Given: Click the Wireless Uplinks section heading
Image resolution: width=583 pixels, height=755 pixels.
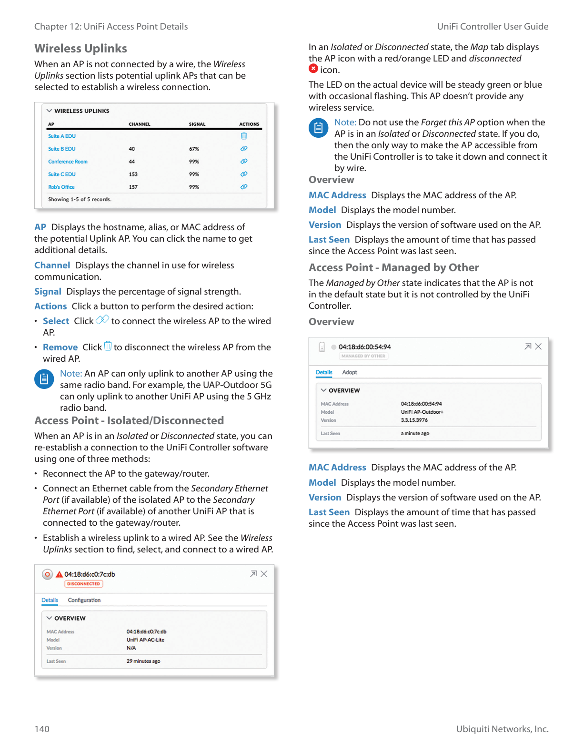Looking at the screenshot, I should (x=80, y=49).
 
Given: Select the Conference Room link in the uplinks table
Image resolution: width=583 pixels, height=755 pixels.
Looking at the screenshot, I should (x=68, y=162).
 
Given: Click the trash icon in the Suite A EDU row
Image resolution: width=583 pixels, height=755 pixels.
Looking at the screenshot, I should (x=244, y=136).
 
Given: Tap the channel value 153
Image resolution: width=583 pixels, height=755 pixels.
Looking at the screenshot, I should (x=133, y=174).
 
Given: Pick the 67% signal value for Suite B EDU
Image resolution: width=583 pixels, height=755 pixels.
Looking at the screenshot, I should (x=194, y=149).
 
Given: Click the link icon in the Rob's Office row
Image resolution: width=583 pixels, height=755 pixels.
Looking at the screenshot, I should (x=244, y=187).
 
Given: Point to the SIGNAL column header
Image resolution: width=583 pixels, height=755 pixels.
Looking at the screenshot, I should (x=197, y=124).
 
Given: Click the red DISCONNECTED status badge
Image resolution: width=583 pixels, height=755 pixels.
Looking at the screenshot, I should (x=83, y=583).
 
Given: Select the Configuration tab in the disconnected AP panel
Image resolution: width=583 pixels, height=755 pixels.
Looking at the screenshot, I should (x=84, y=600).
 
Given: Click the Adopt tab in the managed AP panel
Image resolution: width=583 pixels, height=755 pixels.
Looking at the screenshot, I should (x=350, y=372).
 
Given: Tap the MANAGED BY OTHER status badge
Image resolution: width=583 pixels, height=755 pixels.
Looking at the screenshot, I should (x=363, y=356).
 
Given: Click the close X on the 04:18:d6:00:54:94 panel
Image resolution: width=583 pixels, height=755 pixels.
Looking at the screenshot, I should (x=538, y=347).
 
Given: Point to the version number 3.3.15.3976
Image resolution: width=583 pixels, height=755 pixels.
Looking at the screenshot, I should (x=414, y=420).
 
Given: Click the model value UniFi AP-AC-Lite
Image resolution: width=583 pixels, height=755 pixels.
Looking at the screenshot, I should (x=145, y=640).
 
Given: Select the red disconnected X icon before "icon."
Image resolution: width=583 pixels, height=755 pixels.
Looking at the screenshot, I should (x=313, y=69).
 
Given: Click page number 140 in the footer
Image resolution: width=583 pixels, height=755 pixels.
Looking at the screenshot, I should (x=42, y=729).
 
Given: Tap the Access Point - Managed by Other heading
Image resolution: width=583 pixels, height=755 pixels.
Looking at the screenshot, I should (x=393, y=268).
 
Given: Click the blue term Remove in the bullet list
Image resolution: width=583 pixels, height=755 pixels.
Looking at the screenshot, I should (x=60, y=347).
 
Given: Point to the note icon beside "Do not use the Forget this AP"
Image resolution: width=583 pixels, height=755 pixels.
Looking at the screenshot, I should (x=318, y=128).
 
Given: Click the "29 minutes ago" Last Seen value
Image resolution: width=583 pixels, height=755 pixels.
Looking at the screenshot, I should (x=143, y=661).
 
